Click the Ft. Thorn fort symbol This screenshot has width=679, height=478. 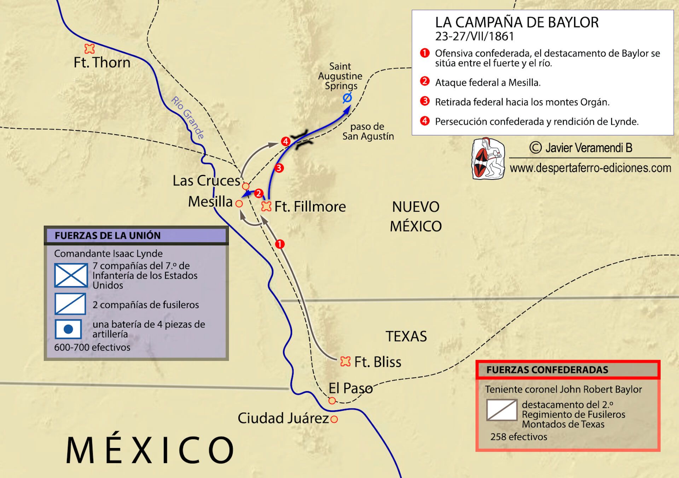89,48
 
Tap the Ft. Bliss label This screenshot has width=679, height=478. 377,362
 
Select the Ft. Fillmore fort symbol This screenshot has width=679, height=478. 266,206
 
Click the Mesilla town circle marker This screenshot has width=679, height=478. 239,204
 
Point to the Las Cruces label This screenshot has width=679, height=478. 206,181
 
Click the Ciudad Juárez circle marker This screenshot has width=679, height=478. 334,419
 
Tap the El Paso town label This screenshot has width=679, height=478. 350,388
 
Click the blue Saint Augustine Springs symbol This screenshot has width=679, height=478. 347,98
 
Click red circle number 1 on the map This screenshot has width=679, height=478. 280,244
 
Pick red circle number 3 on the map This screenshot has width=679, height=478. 279,168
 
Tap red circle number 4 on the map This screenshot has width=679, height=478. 285,142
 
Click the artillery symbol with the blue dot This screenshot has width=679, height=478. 68,329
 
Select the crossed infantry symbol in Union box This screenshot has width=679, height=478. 71,275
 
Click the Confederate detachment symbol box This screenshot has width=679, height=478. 502,410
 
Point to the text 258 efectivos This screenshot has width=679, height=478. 518,437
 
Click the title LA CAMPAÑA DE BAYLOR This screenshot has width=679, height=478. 517,23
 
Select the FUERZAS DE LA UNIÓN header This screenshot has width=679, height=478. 108,236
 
